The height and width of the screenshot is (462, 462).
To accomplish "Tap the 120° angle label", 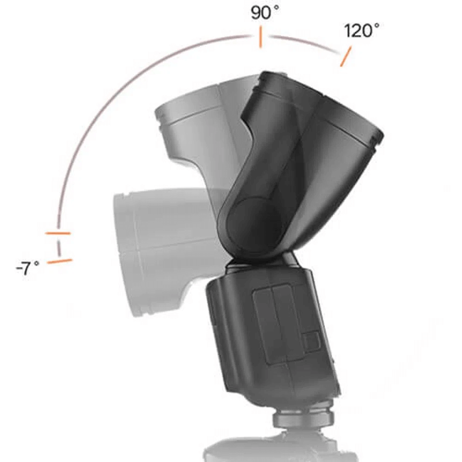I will tap(361, 31).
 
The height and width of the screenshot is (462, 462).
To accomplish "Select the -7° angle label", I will tap(28, 268).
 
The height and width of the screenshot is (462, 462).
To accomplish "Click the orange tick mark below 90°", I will tap(261, 37).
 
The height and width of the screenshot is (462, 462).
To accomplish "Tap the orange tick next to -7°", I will tap(60, 261).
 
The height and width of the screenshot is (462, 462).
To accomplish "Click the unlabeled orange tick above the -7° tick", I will tap(58, 233).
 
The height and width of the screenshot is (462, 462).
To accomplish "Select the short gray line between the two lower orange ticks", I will tap(59, 248).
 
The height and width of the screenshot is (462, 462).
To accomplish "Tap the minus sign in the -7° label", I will tap(18, 268).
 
